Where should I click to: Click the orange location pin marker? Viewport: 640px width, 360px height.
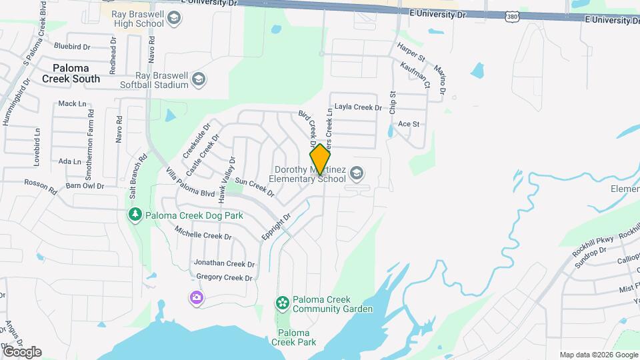[x=320, y=159]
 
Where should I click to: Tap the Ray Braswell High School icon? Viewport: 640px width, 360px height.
[x=174, y=17]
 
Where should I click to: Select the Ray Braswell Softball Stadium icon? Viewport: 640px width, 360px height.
[x=198, y=80]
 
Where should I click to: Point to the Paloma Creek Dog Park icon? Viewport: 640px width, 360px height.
[x=135, y=215]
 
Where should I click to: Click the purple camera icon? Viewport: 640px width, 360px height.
[x=196, y=297]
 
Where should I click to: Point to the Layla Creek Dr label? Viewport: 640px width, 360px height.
[x=358, y=107]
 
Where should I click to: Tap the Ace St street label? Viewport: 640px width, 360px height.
[x=408, y=124]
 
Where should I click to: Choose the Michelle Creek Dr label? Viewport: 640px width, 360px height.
[x=203, y=233]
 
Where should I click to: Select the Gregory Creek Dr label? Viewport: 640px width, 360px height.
[x=225, y=278]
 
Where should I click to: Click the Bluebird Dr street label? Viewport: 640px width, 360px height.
[x=72, y=47]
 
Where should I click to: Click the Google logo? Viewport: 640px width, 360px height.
[x=22, y=352]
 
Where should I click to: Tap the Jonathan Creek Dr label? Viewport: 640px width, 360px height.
[x=223, y=264]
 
